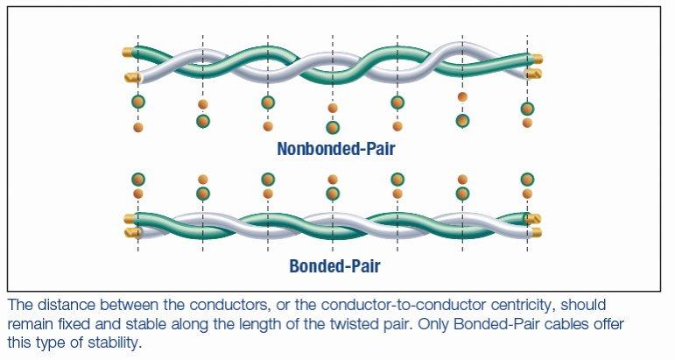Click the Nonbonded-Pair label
point(335,149)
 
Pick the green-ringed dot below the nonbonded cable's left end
point(137,102)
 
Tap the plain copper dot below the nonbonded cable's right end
point(527,124)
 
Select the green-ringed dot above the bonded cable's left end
point(137,179)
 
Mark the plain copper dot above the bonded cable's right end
point(527,194)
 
